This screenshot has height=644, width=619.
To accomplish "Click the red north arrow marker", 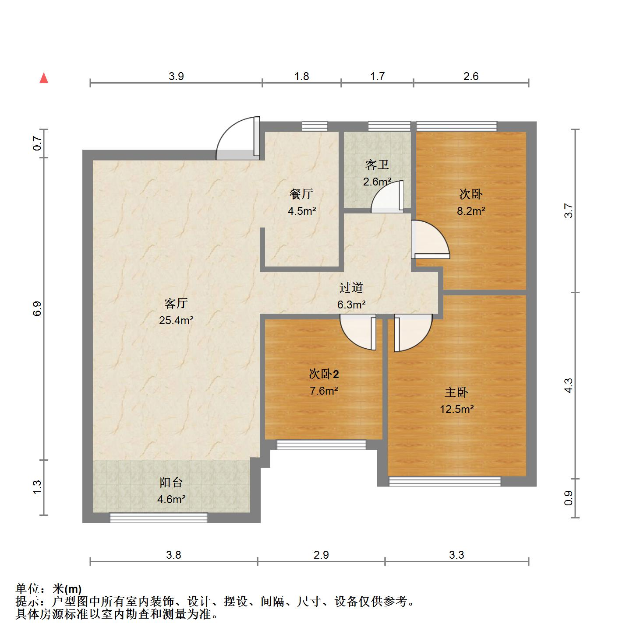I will pos(44,78).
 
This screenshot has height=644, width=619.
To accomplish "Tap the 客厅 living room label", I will pos(176,303).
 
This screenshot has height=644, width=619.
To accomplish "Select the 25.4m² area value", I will pos(176,320).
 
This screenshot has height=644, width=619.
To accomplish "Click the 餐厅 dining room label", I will pos(301,193).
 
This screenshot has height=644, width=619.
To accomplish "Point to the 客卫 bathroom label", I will pos(377,165).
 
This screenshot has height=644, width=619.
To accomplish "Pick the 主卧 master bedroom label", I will pos(456,392).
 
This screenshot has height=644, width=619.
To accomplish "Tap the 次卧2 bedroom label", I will pos(324,374).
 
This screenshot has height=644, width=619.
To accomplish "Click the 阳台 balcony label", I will pos(171,483).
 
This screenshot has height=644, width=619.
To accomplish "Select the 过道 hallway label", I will pos(351,287).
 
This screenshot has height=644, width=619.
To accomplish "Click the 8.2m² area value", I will pos(471,211).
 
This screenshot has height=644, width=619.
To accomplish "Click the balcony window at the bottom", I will pos(158,518).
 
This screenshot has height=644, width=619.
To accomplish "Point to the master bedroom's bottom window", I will pos(445,482).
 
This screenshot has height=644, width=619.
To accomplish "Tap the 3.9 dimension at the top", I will pos(176,77).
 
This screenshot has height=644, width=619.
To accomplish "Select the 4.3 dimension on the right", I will pos(568,385).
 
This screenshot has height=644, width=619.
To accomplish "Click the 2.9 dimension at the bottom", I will pos(321,555).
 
